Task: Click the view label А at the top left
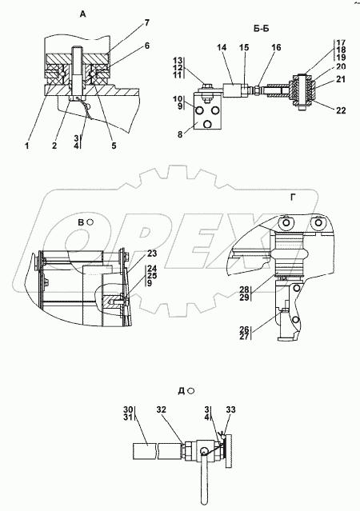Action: click(x=83, y=14)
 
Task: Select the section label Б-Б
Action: click(x=261, y=29)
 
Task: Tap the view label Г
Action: click(x=294, y=198)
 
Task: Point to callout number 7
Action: click(x=146, y=23)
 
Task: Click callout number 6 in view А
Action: click(x=147, y=46)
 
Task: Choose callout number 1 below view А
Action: click(x=27, y=146)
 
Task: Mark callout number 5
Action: click(x=114, y=146)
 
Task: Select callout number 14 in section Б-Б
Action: click(x=222, y=47)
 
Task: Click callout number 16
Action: click(x=276, y=47)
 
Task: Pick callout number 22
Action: click(x=341, y=111)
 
